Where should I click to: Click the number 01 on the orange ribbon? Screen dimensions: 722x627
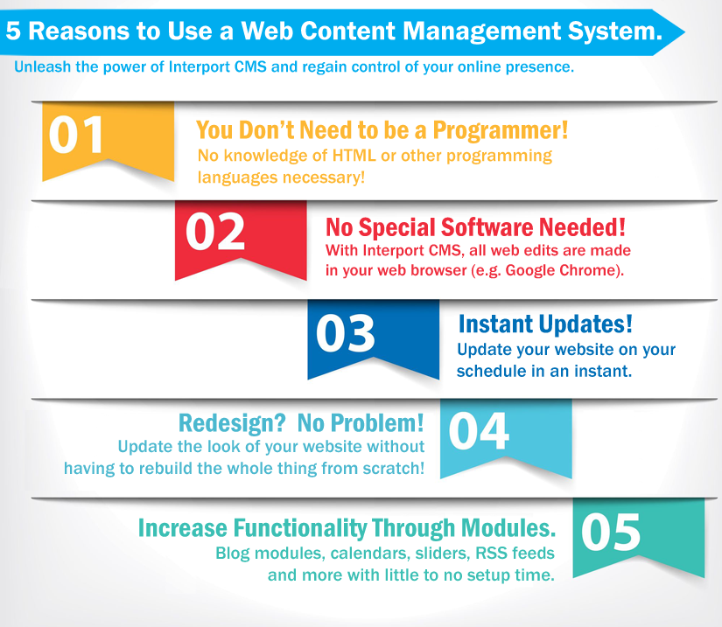pyautogui.click(x=76, y=135)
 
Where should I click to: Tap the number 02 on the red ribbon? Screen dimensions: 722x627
pyautogui.click(x=215, y=232)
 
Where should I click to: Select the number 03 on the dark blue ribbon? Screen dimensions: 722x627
pyautogui.click(x=346, y=333)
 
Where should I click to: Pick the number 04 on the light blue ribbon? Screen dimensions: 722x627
pyautogui.click(x=479, y=431)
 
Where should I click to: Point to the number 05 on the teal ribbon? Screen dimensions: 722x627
pyautogui.click(x=611, y=533)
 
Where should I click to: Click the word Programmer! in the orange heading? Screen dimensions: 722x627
pyautogui.click(x=501, y=130)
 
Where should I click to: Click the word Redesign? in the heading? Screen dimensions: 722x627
pyautogui.click(x=232, y=423)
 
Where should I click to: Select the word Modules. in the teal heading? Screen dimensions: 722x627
pyautogui.click(x=508, y=527)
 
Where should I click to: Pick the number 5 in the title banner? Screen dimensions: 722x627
pyautogui.click(x=13, y=31)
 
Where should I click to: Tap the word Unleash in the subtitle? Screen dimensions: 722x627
pyautogui.click(x=42, y=66)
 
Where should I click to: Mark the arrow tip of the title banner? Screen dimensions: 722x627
pyautogui.click(x=684, y=32)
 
